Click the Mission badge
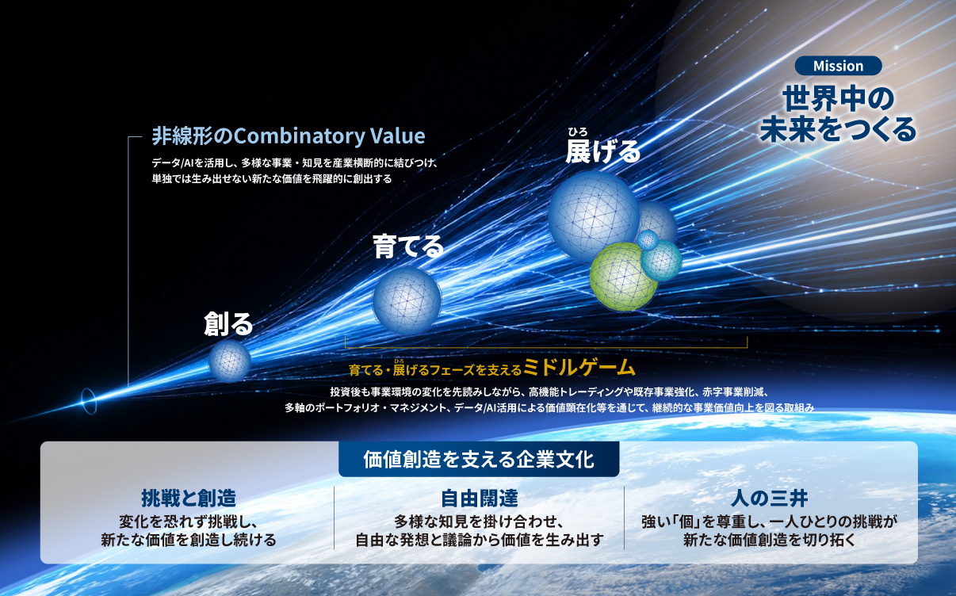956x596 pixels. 838,66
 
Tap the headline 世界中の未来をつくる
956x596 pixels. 838,114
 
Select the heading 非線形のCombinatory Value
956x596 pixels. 289,136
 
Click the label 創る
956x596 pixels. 228,324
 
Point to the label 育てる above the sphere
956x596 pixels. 408,246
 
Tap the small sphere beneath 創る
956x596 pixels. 230,361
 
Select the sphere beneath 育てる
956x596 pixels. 407,300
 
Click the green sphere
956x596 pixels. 623,277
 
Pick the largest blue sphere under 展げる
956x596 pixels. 594,216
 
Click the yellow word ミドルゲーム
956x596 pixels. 579,367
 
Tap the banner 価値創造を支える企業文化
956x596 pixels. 479,459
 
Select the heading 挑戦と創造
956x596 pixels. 189,498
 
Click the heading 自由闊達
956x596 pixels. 480,498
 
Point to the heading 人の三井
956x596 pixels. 769,498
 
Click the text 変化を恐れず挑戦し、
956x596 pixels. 189,521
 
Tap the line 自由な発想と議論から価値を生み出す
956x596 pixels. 480,540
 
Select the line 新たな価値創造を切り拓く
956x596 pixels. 769,540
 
